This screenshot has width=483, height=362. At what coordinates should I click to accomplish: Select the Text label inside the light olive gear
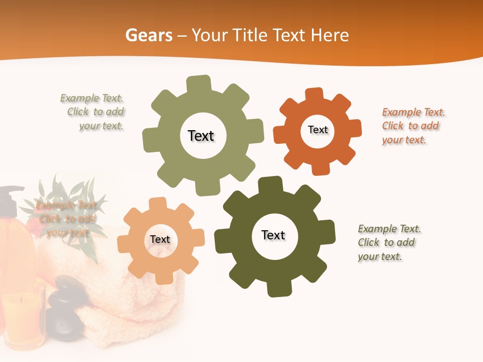click(201, 136)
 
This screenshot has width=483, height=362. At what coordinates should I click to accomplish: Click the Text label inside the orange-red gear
click(317, 130)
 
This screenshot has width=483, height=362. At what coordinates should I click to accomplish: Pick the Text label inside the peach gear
click(160, 240)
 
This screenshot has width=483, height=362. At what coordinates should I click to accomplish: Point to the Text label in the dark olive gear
click(273, 235)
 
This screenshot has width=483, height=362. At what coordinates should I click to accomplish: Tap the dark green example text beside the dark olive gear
click(389, 243)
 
